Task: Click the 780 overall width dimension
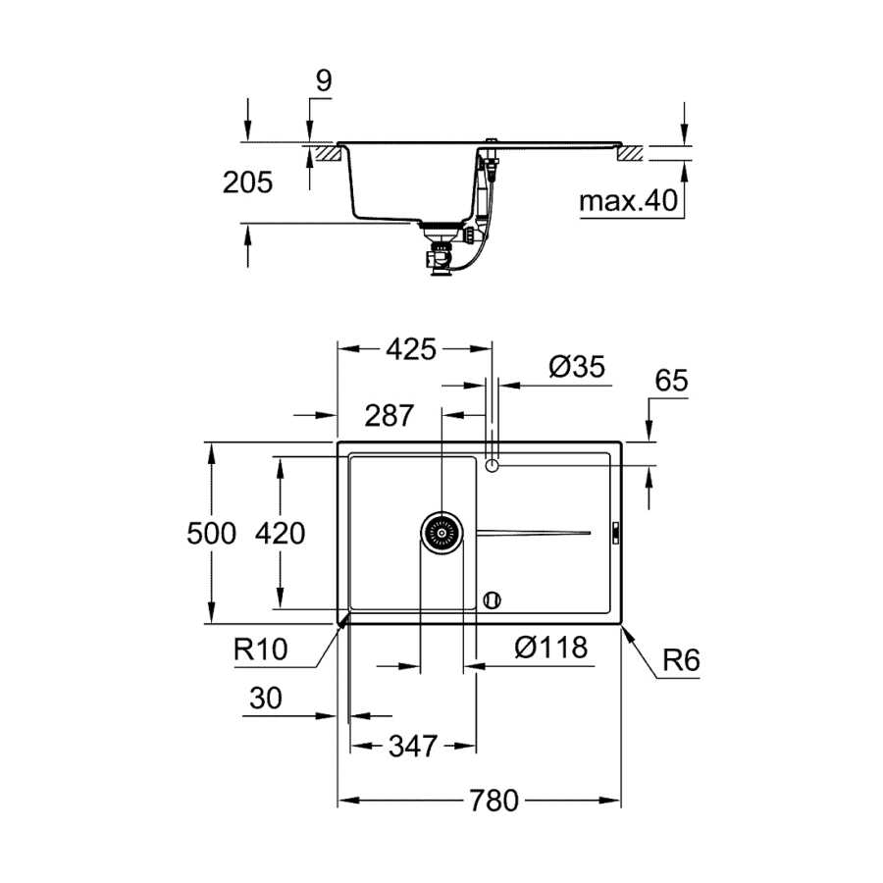493,801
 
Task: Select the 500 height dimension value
211,533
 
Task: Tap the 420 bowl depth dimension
280,533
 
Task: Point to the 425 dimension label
411,349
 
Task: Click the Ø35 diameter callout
577,367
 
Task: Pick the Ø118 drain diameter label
551,648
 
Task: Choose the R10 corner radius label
260,649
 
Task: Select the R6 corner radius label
681,660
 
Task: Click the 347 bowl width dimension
413,747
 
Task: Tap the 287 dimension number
390,416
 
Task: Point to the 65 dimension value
671,381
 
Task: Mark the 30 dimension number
265,699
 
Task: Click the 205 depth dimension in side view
247,182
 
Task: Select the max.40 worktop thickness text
629,201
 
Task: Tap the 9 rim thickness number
324,81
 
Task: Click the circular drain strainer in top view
442,533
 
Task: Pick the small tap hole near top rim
493,466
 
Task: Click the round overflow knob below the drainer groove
493,599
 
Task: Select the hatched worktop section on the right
630,153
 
